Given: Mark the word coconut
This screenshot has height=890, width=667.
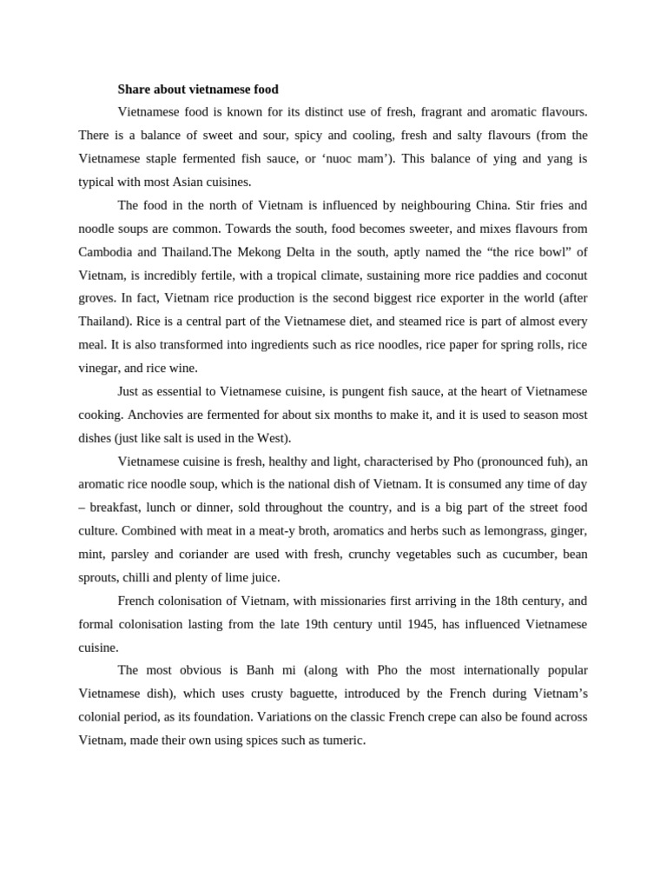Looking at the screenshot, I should (x=565, y=276).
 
